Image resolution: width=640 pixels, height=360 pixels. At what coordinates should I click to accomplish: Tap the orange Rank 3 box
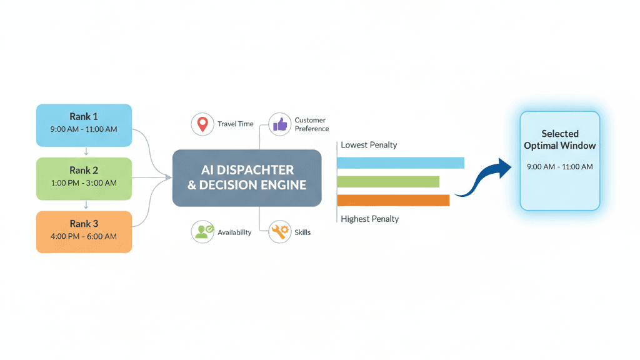click(x=84, y=232)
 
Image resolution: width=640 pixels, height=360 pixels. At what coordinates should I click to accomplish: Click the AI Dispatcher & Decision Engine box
click(x=247, y=177)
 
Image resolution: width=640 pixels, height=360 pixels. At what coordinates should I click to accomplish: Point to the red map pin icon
click(x=202, y=124)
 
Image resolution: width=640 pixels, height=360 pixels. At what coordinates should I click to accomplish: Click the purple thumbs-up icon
click(x=279, y=124)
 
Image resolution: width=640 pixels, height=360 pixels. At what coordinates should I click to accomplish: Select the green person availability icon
click(x=202, y=232)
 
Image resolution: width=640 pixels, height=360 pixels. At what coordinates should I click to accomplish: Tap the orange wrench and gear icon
click(x=279, y=232)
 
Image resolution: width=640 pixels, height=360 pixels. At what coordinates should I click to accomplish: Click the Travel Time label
click(x=236, y=124)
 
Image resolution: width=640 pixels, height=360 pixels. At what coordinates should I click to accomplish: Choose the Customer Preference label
click(x=311, y=124)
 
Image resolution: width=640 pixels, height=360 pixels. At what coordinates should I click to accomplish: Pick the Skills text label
click(x=302, y=232)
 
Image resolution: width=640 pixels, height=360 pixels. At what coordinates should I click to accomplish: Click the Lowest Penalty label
click(x=369, y=145)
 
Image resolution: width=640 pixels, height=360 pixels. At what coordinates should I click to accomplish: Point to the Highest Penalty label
click(x=369, y=219)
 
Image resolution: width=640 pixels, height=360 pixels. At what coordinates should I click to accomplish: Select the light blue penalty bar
click(x=401, y=163)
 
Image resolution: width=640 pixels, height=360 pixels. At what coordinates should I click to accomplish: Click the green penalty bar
click(x=388, y=182)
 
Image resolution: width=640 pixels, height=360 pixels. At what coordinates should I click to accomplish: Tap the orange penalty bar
click(x=393, y=201)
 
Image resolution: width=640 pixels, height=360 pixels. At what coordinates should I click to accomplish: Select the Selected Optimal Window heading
click(x=560, y=139)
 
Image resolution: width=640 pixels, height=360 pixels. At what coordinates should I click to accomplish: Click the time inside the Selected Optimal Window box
click(x=560, y=167)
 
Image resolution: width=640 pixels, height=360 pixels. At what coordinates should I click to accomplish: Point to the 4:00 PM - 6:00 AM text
click(x=84, y=237)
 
